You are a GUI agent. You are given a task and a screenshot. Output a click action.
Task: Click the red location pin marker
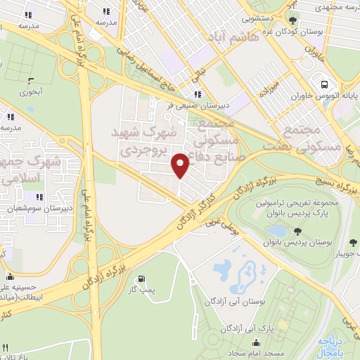[x=181, y=165]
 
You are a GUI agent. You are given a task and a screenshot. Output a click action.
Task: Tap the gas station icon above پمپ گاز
[x=144, y=278]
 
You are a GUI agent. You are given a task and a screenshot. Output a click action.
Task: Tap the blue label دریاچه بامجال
[x=335, y=345]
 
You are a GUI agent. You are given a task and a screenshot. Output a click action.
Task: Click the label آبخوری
[x=30, y=91]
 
